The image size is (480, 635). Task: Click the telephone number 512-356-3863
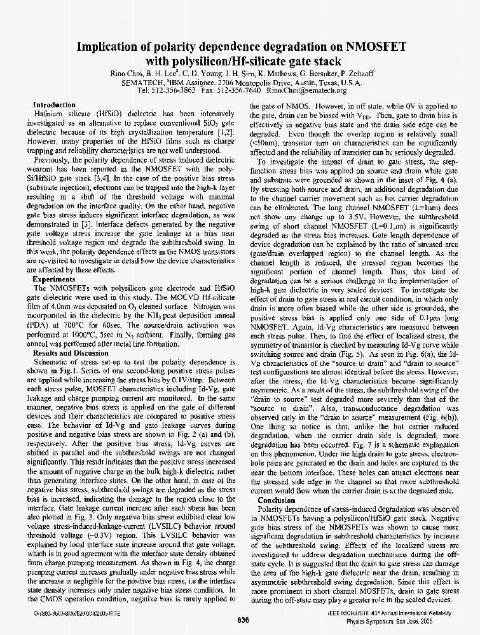click(x=174, y=91)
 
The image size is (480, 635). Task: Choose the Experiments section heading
click(x=54, y=279)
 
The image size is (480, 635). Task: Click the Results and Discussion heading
click(x=71, y=352)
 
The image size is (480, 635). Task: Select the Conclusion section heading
click(x=276, y=500)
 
